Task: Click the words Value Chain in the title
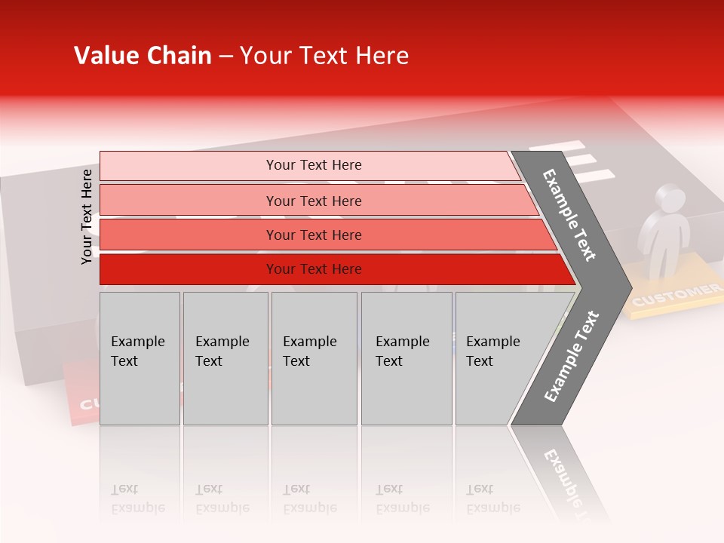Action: (143, 56)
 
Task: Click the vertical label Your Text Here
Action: (87, 216)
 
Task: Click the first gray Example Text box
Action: (140, 358)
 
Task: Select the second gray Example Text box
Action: (225, 358)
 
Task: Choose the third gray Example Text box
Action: (314, 358)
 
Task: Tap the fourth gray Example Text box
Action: (406, 358)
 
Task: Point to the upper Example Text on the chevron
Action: (570, 215)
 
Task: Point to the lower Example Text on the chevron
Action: (572, 356)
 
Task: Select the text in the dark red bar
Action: (314, 269)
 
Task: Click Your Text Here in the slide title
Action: (324, 56)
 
